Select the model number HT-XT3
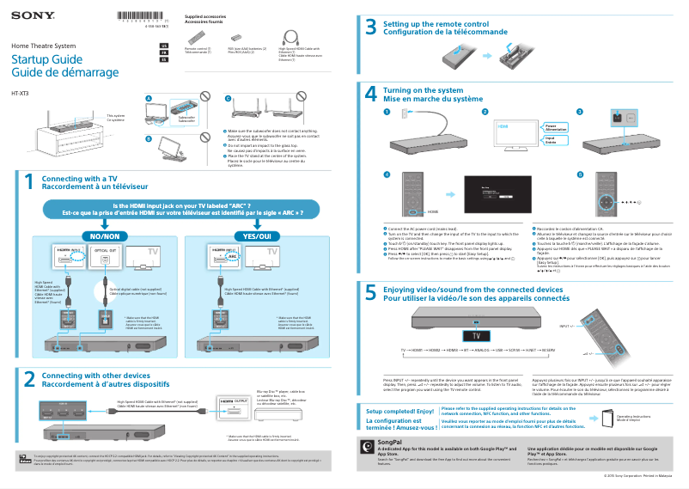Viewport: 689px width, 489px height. tap(20, 92)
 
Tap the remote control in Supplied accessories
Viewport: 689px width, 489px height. tap(197, 37)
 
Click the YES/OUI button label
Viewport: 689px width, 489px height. tap(257, 235)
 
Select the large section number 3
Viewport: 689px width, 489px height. tap(371, 28)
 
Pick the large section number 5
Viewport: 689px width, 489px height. tap(371, 293)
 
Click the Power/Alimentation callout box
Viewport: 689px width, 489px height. tap(555, 126)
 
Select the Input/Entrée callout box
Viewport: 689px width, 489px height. tap(555, 140)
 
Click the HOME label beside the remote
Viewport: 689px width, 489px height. tap(434, 211)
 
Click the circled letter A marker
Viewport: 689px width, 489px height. tap(148, 99)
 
